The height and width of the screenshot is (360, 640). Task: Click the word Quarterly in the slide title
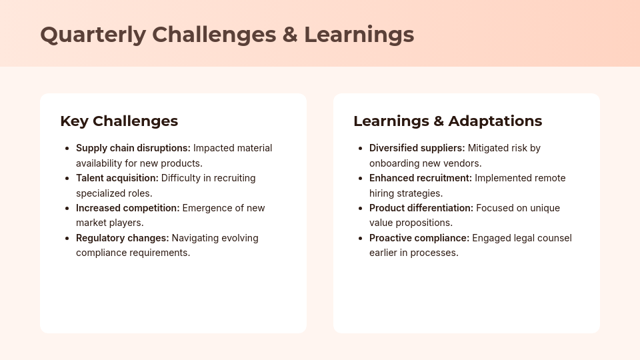pyautogui.click(x=93, y=35)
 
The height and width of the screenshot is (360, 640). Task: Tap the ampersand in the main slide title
pyautogui.click(x=290, y=35)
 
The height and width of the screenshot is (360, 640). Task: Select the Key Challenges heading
pyautogui.click(x=119, y=121)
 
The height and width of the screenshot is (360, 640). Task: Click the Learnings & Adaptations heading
pyautogui.click(x=448, y=121)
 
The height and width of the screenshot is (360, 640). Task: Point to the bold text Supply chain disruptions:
pyautogui.click(x=133, y=148)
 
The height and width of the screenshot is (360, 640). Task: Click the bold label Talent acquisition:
pyautogui.click(x=117, y=179)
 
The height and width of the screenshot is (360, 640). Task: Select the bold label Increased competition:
pyautogui.click(x=128, y=208)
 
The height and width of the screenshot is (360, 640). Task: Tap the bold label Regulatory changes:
pyautogui.click(x=123, y=238)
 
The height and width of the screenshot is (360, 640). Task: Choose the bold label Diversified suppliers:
pyautogui.click(x=417, y=148)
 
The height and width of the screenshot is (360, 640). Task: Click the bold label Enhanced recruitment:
pyautogui.click(x=421, y=179)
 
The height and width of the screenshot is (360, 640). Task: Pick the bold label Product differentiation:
pyautogui.click(x=421, y=208)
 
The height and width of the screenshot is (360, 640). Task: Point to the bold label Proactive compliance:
pyautogui.click(x=419, y=238)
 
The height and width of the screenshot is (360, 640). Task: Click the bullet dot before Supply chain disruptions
pyautogui.click(x=67, y=149)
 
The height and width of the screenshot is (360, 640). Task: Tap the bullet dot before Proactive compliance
pyautogui.click(x=361, y=239)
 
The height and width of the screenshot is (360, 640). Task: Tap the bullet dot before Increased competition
pyautogui.click(x=67, y=209)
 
